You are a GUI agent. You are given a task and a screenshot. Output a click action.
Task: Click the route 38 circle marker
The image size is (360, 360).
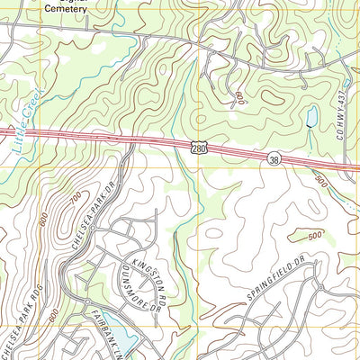click(x=274, y=158)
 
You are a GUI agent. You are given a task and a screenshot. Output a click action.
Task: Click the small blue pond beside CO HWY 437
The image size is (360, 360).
click(x=311, y=117)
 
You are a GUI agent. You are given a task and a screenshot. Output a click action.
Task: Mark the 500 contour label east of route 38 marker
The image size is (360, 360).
click(x=321, y=181)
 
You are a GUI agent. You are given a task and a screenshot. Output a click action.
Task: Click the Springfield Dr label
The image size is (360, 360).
click(x=271, y=288)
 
